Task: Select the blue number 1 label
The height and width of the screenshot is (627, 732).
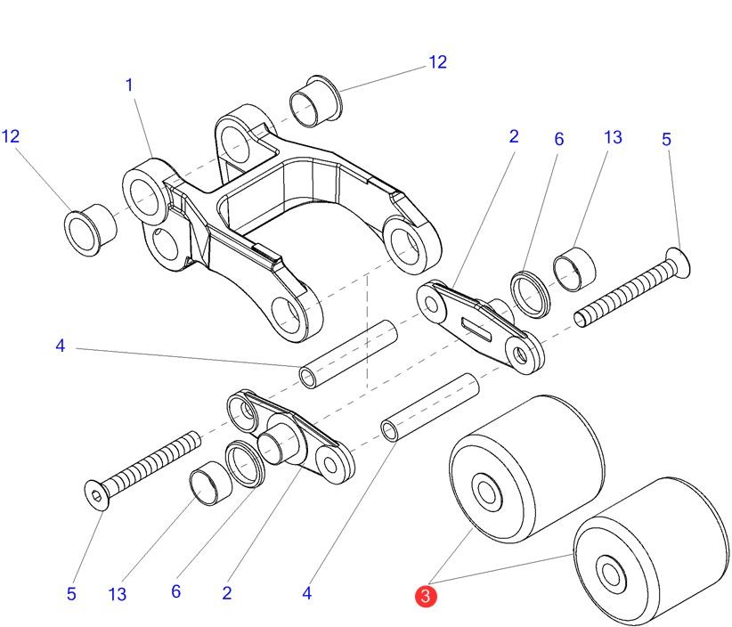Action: (x=129, y=85)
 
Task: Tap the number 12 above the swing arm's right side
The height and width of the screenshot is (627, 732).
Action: (x=437, y=62)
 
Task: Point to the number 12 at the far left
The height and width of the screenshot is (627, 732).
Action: (x=11, y=136)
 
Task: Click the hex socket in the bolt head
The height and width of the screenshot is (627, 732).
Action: (x=96, y=493)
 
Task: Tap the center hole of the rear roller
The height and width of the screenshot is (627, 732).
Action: (x=488, y=491)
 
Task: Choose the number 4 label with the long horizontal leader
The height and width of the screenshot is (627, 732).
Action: (x=60, y=346)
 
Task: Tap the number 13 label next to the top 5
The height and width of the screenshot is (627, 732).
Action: (x=612, y=137)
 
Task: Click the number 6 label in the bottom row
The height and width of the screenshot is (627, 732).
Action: (x=175, y=591)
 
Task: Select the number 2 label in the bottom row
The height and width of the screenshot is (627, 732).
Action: (x=227, y=593)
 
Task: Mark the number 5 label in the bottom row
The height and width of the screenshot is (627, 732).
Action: (x=71, y=594)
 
